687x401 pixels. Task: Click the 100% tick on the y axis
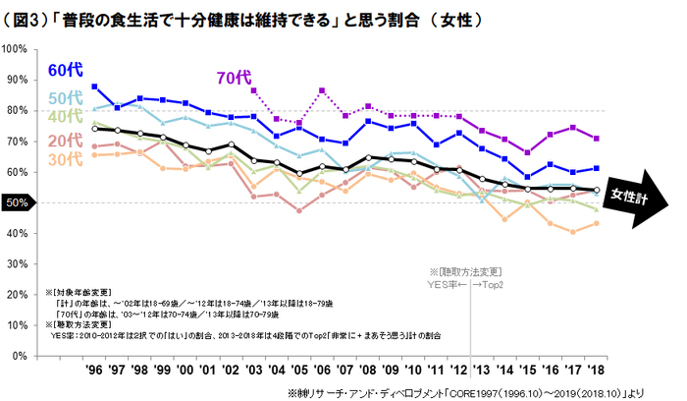point(17,48)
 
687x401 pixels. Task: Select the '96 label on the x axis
point(94,371)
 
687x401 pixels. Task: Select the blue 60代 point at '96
point(94,86)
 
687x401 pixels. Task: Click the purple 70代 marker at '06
point(322,90)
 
